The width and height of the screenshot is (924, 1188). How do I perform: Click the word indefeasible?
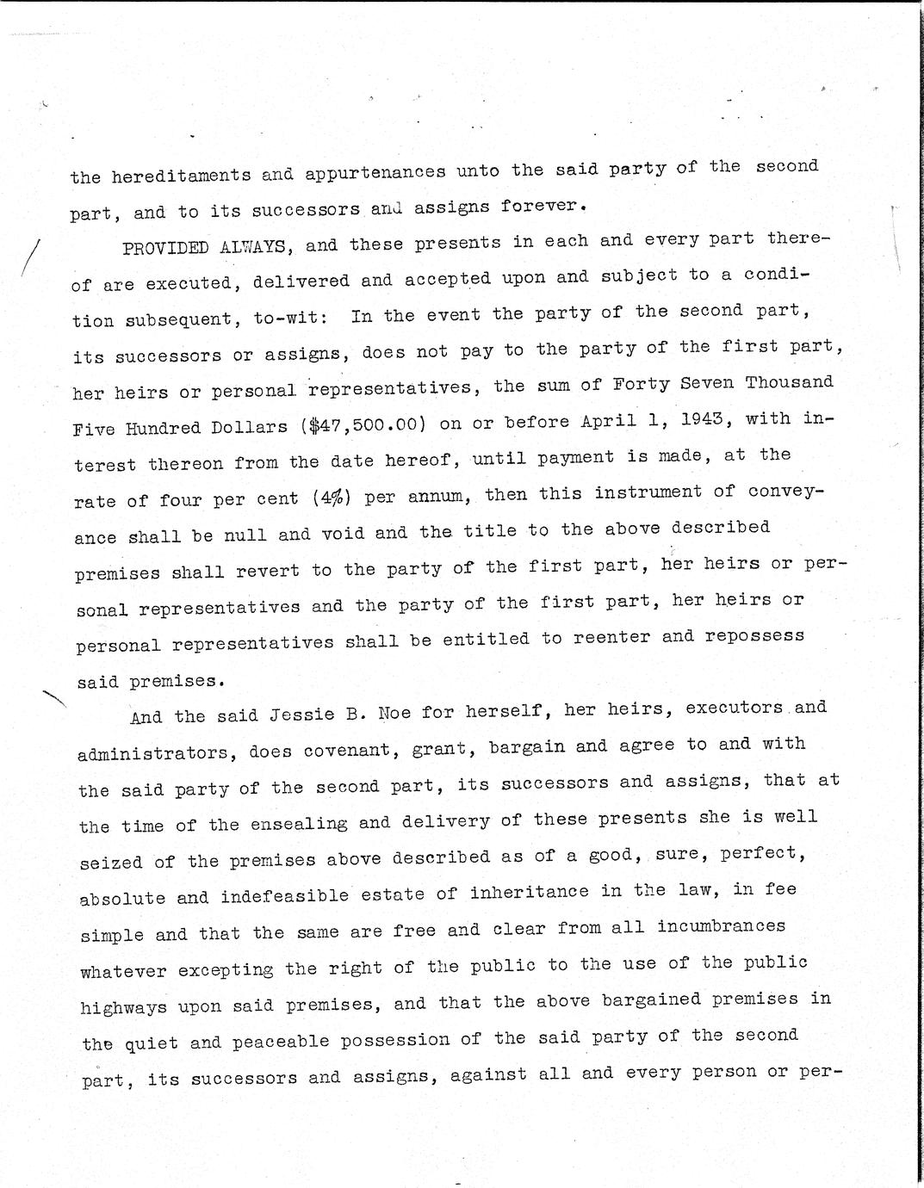tap(284, 895)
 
